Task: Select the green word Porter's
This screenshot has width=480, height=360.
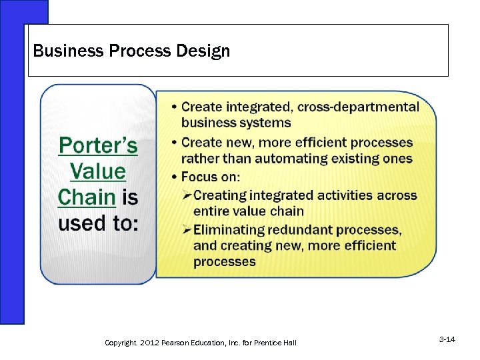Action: (98, 145)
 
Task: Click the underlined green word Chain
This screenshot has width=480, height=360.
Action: (87, 197)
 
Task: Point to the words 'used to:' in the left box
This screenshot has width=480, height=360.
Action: (99, 223)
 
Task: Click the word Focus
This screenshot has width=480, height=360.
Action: (201, 177)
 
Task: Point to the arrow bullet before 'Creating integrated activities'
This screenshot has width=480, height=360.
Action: (187, 195)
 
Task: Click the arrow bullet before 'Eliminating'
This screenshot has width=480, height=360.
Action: (187, 230)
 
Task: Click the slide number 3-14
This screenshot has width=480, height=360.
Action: (447, 340)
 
